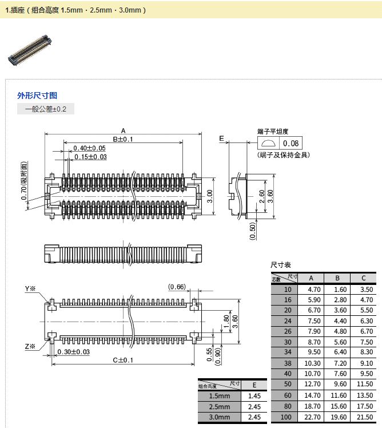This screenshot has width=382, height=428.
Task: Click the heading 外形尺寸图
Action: pos(37,96)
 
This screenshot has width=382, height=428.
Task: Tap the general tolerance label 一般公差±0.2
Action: pos(46,109)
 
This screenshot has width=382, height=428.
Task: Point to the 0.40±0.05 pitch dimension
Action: pos(90,148)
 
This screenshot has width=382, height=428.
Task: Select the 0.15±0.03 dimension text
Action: pos(90,157)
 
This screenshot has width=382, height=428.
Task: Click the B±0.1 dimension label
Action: pos(122,139)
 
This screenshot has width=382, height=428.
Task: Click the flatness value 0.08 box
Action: pos(291,144)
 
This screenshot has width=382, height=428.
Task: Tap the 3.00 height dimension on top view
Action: pos(210,197)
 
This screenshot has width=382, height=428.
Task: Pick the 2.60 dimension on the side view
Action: pos(261,197)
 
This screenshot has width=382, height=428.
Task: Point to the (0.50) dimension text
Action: pos(253,229)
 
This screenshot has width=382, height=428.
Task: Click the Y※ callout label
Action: pos(30,288)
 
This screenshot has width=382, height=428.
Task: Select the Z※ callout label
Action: pos(30,346)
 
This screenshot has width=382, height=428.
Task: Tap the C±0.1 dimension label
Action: pos(122,360)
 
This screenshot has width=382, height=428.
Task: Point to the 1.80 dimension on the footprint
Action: pos(226,321)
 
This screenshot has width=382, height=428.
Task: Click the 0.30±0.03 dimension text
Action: pos(73,352)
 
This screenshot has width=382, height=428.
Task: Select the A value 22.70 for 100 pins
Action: pos(311,417)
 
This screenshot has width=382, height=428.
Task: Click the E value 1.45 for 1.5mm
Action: pos(254,396)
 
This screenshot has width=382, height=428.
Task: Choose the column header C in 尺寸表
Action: pos(363,279)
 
